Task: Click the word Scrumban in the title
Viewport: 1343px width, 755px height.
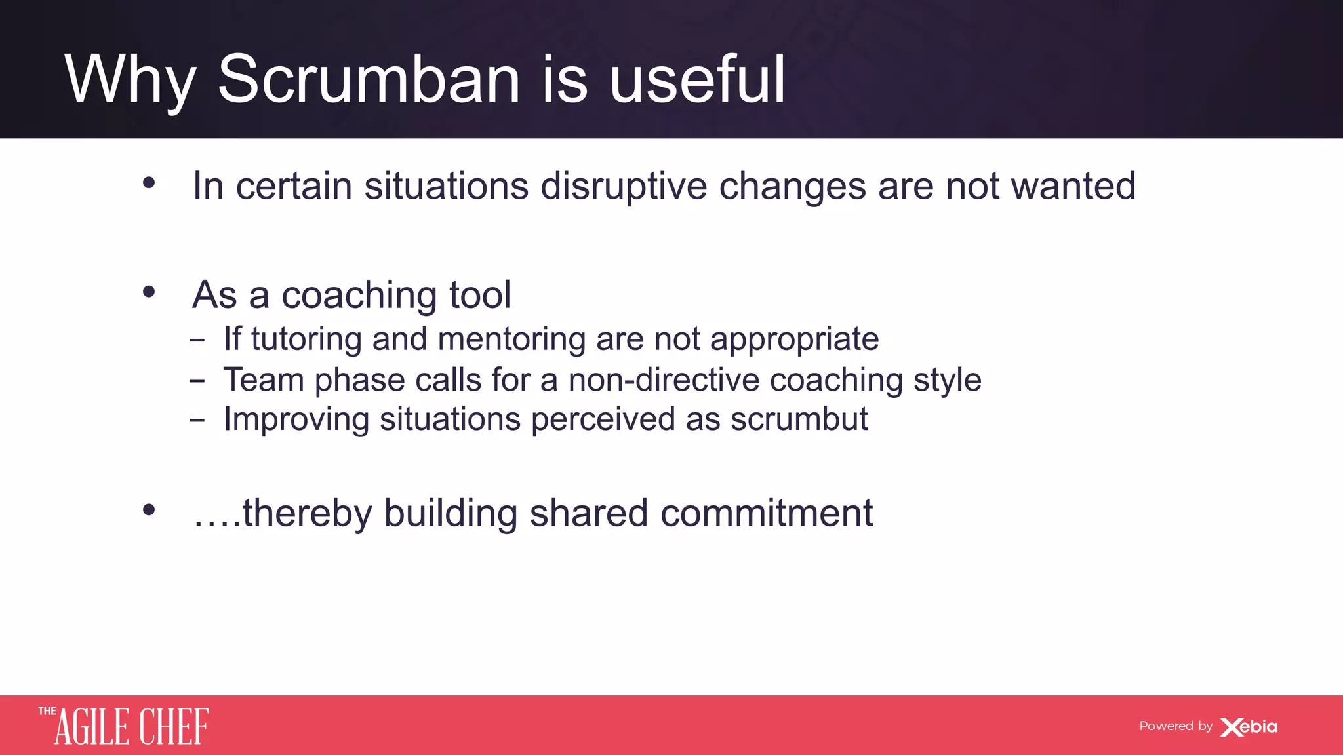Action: pos(369,80)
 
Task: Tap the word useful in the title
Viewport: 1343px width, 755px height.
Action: pos(697,80)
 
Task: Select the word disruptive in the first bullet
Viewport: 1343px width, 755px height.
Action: pos(624,187)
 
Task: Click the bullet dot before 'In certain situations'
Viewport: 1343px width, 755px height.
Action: pos(149,183)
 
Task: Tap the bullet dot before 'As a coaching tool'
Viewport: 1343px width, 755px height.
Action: pos(149,292)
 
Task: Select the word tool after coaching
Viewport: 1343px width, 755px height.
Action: pos(479,295)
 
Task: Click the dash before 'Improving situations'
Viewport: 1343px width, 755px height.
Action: pos(197,420)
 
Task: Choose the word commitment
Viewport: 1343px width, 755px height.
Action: pos(766,513)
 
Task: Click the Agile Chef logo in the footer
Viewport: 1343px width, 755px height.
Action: pos(124,726)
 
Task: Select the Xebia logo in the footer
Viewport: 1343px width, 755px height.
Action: pos(1249,727)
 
